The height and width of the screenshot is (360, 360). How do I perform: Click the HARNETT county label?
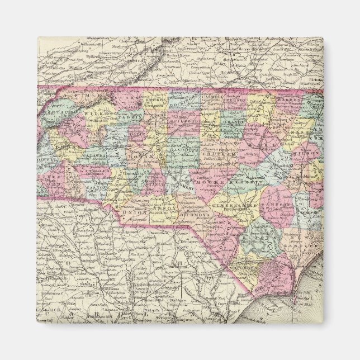click(240, 183)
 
